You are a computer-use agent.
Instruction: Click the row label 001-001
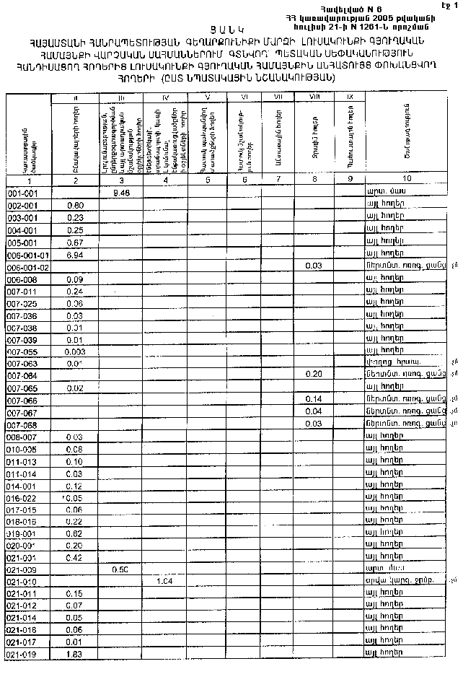coord(21,194)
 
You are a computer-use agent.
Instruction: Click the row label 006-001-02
coord(27,267)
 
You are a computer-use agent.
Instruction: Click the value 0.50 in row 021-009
coord(121,569)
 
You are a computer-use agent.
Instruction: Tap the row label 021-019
coord(21,654)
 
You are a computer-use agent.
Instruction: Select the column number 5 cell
coord(207,179)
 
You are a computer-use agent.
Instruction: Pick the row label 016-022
coord(21,497)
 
